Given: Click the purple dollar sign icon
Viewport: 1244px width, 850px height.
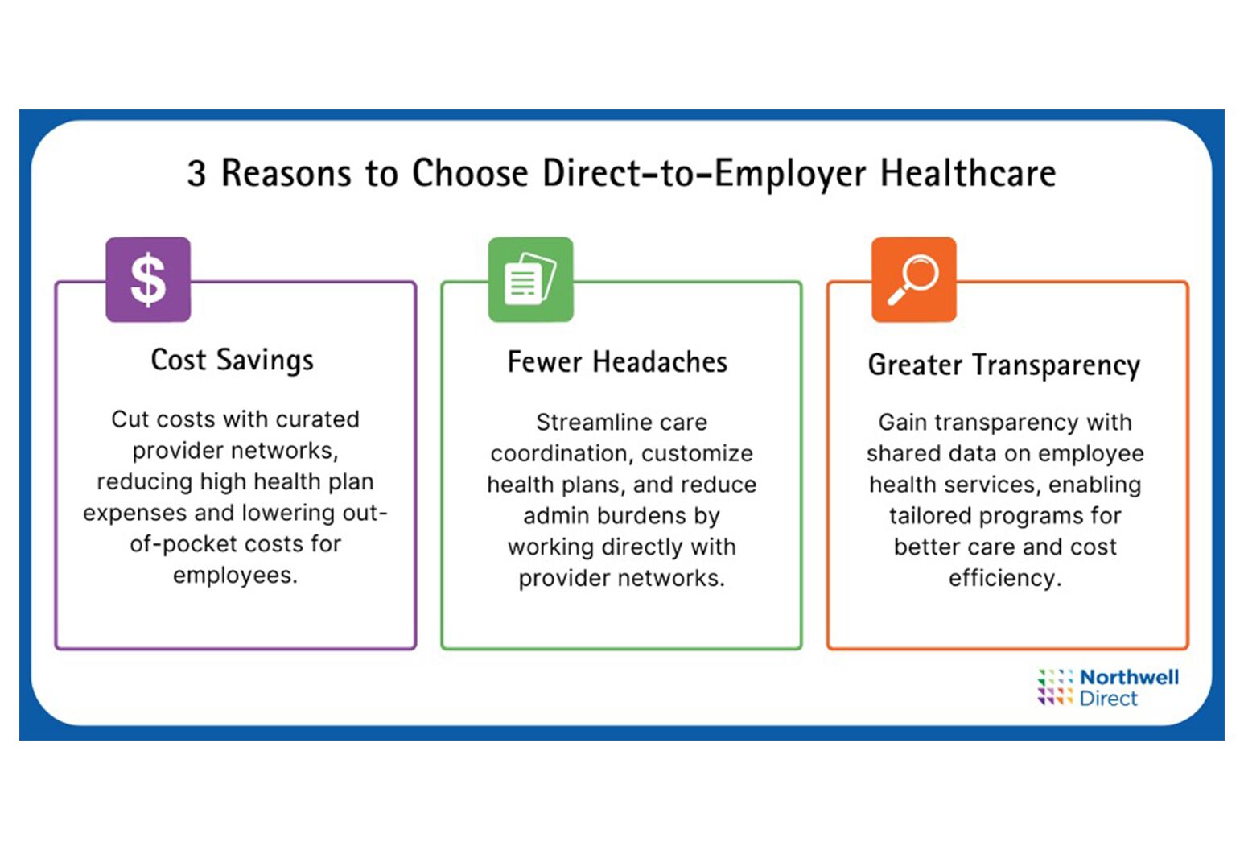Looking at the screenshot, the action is pos(148,279).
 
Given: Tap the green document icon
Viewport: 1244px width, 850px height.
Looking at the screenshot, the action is pos(530,279).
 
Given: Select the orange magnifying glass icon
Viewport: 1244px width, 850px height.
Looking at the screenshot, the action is pos(914,279).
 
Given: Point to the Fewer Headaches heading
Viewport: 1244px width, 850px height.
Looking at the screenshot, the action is pos(617,362).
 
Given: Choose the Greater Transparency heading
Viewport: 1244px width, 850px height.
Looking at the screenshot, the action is pos(1004,365).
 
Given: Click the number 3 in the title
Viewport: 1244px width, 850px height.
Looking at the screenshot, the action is pos(196,173).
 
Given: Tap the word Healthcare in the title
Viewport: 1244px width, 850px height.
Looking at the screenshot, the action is pos(968,173).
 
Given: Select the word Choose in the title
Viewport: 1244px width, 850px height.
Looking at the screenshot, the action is pos(470,173).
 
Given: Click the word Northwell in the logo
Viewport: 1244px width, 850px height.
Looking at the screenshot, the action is pos(1129,677).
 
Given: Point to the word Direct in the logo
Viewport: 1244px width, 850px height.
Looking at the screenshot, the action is pos(1109,699).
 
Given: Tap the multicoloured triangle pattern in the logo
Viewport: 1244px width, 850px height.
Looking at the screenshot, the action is pos(1055,687).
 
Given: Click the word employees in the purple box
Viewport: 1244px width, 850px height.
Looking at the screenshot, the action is pos(236,576).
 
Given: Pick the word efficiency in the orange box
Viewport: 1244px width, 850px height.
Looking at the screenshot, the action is pos(1005,578).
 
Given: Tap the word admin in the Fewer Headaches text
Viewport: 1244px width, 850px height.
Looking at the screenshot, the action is pos(557,516).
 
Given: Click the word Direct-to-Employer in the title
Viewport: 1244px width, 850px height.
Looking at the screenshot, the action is pos(704,174).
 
